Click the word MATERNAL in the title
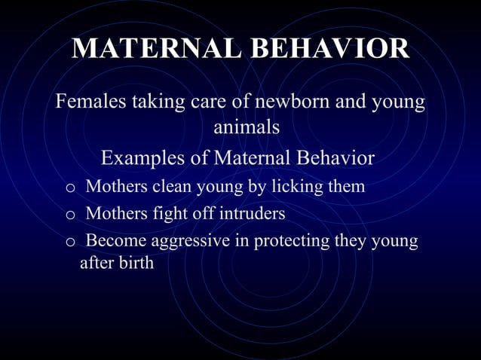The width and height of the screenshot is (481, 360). click(x=155, y=49)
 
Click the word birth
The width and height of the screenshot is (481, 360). click(x=135, y=264)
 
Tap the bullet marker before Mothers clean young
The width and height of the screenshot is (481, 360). click(x=70, y=188)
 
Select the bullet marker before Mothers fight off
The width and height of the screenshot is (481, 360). click(x=70, y=215)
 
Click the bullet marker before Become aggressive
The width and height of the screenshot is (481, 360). click(x=70, y=243)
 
